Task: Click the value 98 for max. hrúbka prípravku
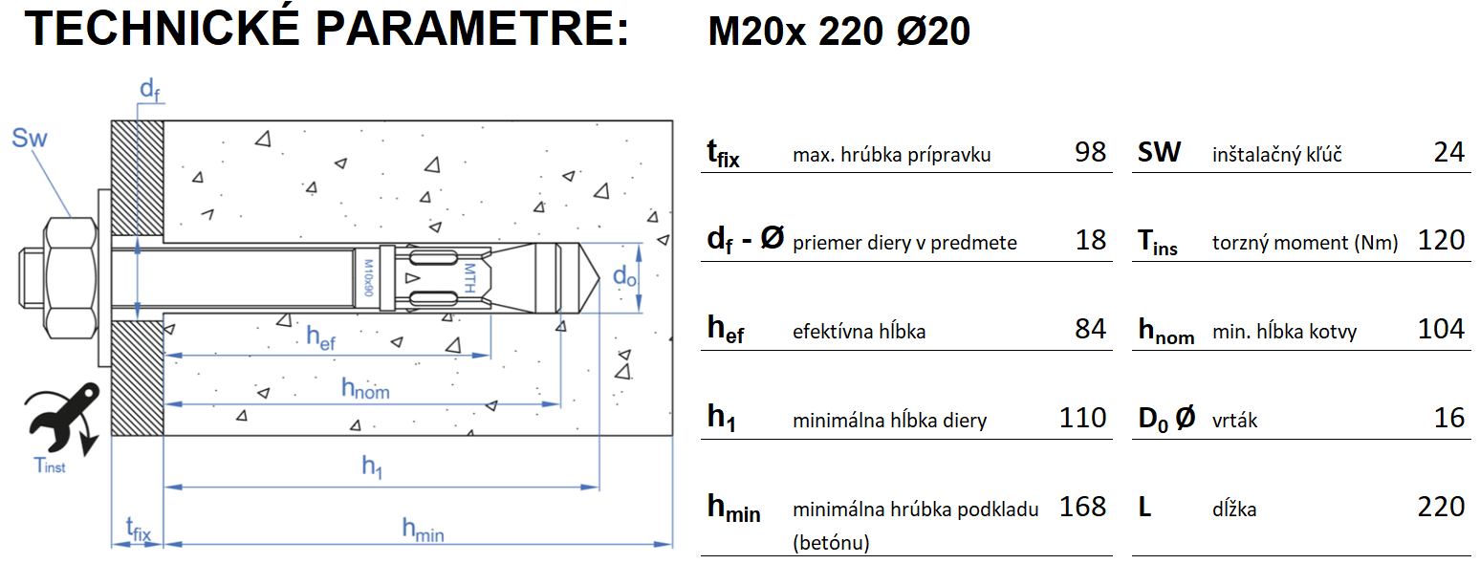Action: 1090,152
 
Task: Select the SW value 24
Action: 1449,152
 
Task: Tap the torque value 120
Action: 1442,240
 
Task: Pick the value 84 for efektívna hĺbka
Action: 1090,330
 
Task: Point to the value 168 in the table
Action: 1082,506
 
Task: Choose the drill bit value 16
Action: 1449,418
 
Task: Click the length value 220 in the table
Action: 1442,506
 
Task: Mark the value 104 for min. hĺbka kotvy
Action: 1442,330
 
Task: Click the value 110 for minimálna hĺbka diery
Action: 1082,418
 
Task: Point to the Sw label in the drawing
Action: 30,140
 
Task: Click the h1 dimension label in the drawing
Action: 372,466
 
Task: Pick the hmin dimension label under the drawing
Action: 422,528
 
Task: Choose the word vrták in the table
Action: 1234,420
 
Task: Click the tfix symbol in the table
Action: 723,154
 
